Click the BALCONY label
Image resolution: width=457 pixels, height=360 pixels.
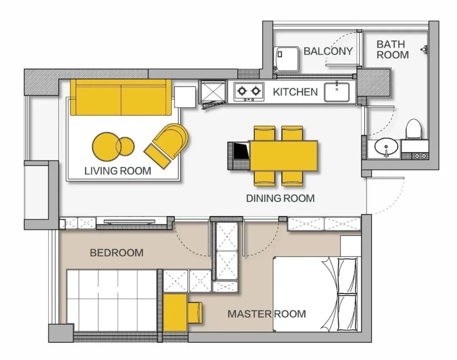coord(328,51)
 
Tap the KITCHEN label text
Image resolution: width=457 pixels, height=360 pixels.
coord(295,92)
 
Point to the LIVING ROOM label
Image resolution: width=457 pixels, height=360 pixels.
coord(118,171)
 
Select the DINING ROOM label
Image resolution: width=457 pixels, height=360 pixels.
coord(281,198)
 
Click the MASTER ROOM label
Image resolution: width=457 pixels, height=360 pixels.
coord(267,314)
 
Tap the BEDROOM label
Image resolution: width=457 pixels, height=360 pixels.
coord(117,253)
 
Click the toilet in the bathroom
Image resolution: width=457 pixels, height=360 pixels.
coord(414,129)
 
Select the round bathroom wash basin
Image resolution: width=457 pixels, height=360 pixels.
coord(386,147)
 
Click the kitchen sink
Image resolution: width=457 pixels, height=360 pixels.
coord(337,92)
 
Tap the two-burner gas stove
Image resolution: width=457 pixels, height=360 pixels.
coord(249,91)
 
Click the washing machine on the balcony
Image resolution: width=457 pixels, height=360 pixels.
coord(286,59)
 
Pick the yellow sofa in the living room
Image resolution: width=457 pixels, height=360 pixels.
coord(121,97)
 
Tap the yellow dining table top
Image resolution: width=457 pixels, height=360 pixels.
coord(283,155)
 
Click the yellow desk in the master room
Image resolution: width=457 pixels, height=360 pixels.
coord(175,313)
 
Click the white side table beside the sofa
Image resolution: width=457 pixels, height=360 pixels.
coord(185,97)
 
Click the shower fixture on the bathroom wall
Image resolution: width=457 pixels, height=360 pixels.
coord(424,49)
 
